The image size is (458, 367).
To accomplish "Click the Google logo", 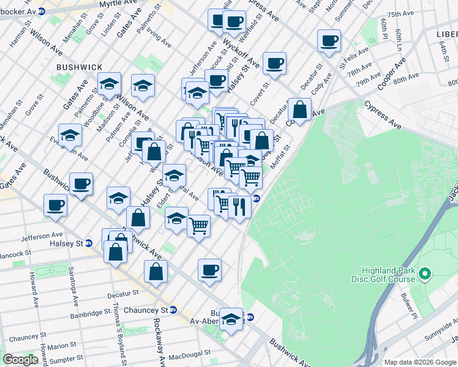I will tap(21, 360).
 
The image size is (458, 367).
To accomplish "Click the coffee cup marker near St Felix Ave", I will tap(329, 41).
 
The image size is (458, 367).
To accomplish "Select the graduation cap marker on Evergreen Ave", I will tap(70, 135).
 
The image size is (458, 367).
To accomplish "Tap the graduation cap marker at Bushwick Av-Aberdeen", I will tap(231, 319).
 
